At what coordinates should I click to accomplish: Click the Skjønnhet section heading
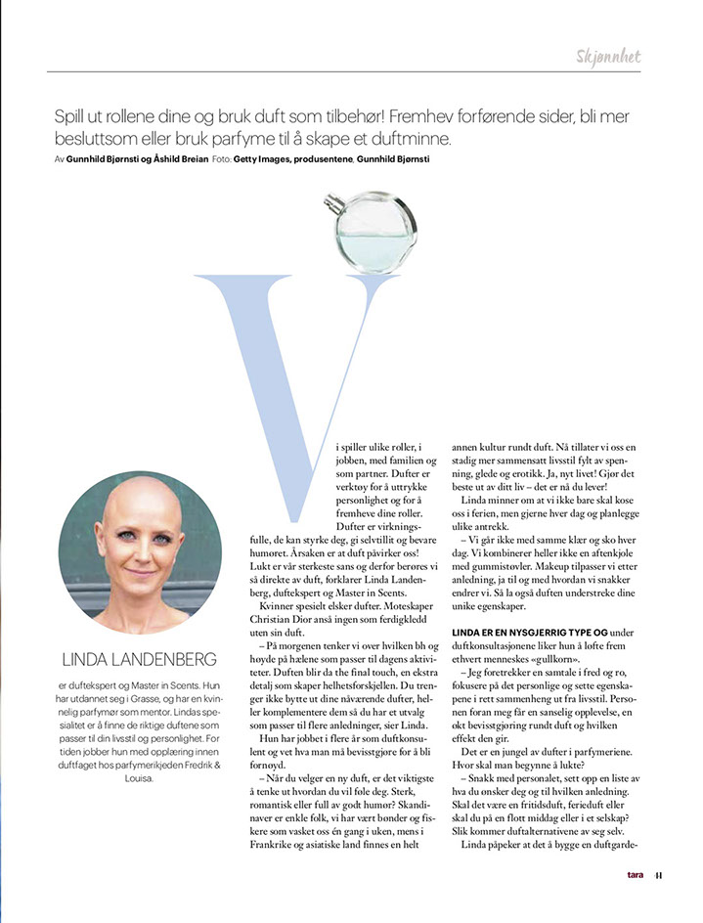click(x=608, y=56)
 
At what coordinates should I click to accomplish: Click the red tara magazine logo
click(x=636, y=902)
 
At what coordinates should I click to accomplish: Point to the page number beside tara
click(x=659, y=902)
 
